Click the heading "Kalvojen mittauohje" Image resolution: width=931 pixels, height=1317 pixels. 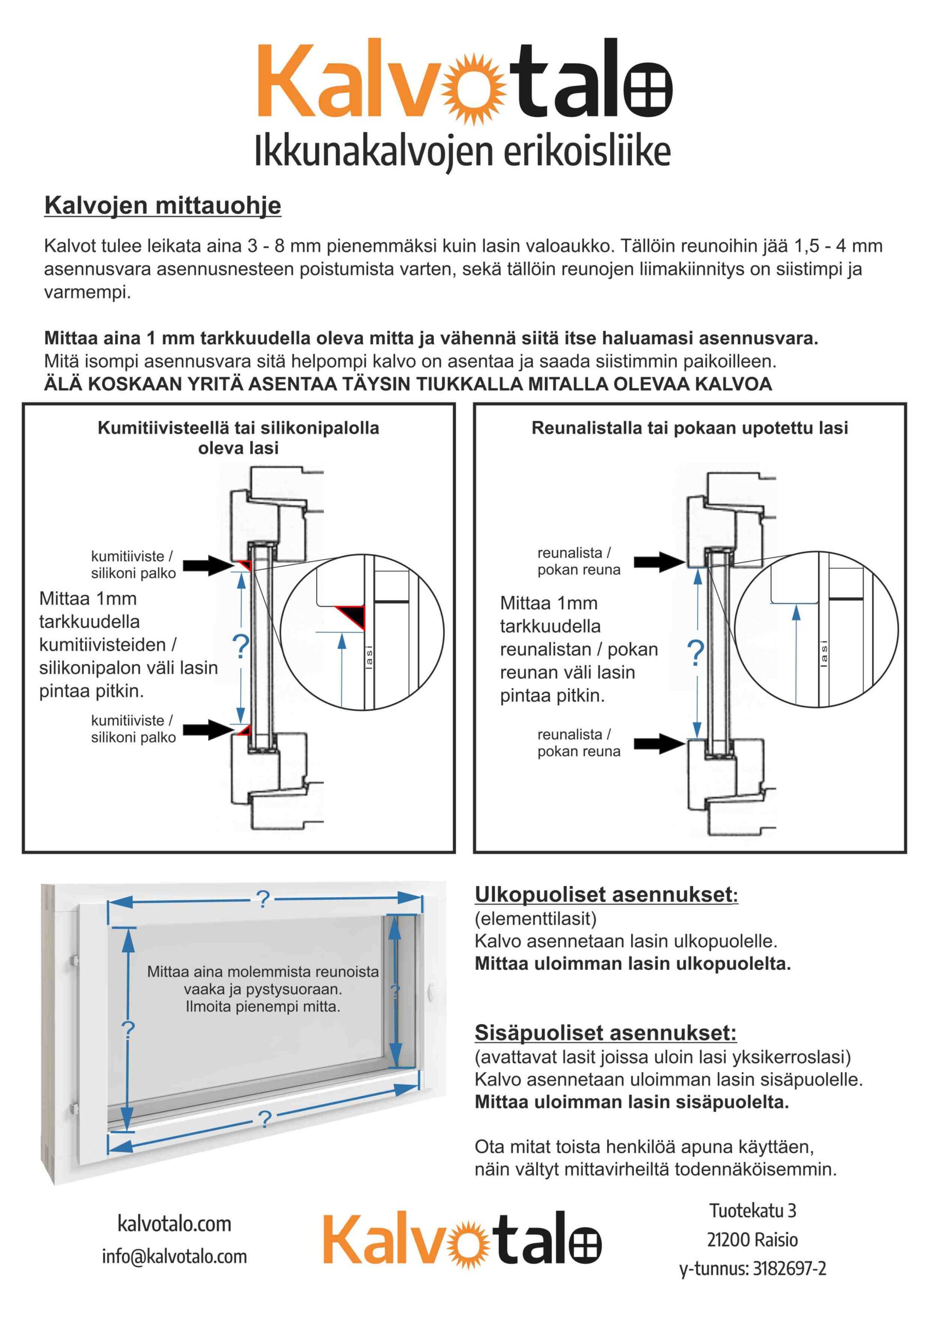tap(163, 205)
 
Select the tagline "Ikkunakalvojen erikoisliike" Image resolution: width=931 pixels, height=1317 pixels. tap(462, 151)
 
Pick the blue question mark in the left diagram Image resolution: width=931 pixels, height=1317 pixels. tap(241, 647)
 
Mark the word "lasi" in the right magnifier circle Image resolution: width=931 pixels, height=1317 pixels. tap(824, 653)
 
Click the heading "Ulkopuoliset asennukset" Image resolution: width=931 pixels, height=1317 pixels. tap(606, 894)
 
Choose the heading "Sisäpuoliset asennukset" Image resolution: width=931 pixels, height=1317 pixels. tap(606, 1033)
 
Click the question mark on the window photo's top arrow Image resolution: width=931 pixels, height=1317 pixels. tap(263, 899)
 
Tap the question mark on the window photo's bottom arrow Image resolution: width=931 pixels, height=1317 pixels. tap(264, 1119)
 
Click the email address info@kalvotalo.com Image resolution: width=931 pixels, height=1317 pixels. tap(174, 1256)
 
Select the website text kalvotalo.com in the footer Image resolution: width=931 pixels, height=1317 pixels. tap(174, 1223)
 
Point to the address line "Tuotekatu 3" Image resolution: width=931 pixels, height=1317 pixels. tap(753, 1211)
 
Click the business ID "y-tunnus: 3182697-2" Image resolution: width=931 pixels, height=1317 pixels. tap(753, 1268)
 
